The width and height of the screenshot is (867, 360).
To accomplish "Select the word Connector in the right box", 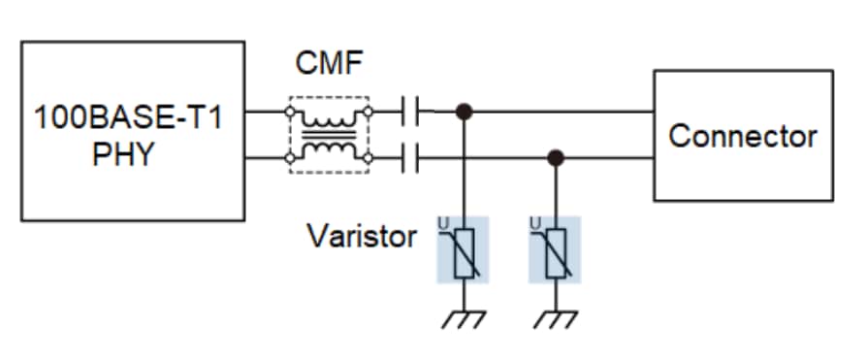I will click(743, 136).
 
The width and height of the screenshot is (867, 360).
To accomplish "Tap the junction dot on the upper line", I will click(466, 113).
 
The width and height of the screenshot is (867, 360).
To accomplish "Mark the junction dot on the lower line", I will click(555, 156).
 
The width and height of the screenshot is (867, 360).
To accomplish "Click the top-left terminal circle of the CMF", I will click(289, 113).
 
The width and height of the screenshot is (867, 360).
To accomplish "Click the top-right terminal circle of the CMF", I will click(367, 113).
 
